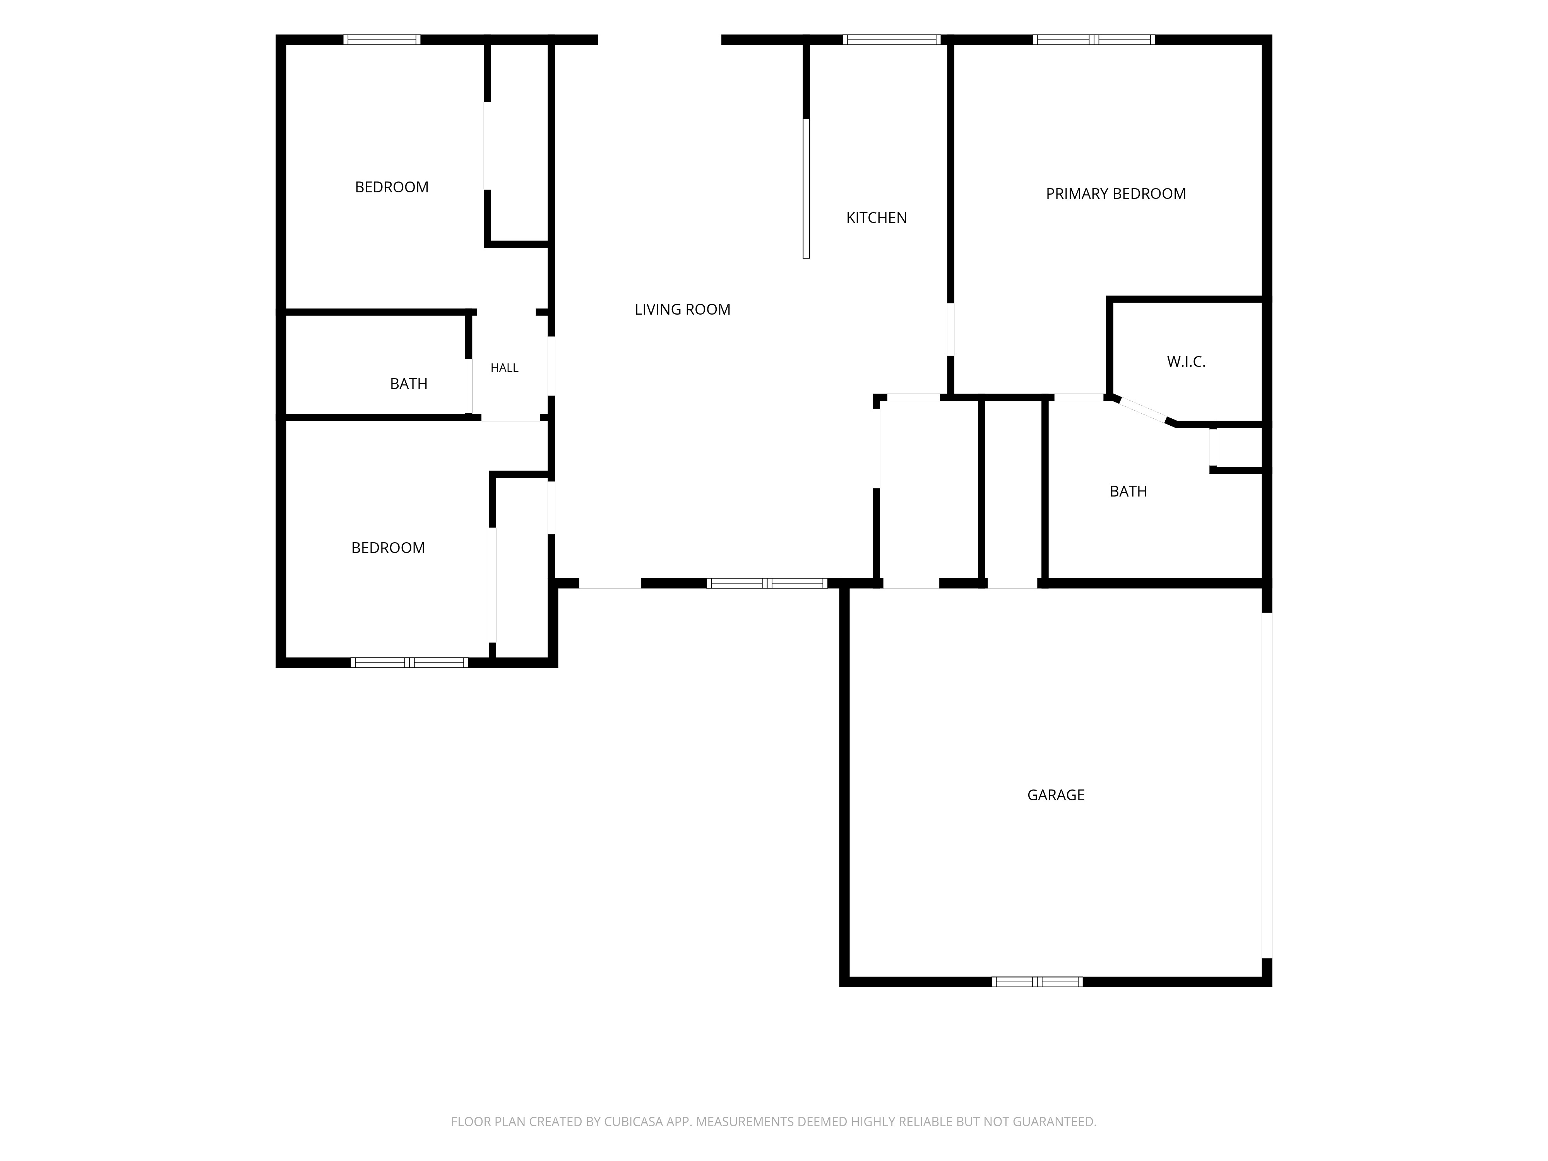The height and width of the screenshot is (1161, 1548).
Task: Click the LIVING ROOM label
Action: tap(682, 309)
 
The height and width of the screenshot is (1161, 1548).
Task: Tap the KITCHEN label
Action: tap(876, 217)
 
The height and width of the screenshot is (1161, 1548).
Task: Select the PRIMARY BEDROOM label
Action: tap(1115, 194)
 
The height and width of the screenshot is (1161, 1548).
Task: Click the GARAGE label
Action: tap(1055, 795)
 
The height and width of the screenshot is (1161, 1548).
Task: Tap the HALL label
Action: tap(504, 368)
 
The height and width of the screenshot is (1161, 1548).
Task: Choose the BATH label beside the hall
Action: tap(409, 384)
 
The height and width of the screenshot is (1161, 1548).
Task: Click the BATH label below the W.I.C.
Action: tap(1128, 491)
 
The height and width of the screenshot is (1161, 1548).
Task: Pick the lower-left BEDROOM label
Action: tap(388, 548)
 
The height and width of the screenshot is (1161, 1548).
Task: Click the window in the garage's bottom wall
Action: tap(1037, 982)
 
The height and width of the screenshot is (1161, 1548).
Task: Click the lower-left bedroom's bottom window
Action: tap(409, 663)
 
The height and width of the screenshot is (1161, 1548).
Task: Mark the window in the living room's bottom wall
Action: tap(767, 583)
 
